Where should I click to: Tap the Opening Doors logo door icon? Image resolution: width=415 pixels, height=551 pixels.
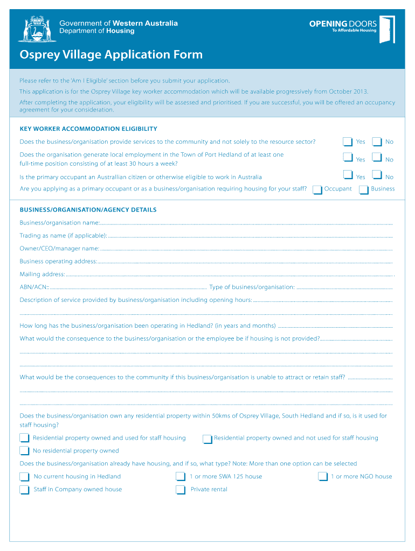tap(386, 29)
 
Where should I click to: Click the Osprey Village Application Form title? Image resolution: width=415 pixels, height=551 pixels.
tap(111, 54)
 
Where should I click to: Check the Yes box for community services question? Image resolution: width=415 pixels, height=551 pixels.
tap(348, 142)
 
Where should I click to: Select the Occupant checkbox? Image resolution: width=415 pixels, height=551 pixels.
tap(317, 189)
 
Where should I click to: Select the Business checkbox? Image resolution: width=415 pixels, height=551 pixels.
tap(364, 189)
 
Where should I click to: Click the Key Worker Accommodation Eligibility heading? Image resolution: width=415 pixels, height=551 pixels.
tap(88, 129)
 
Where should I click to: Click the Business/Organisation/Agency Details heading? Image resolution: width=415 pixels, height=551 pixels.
tap(88, 209)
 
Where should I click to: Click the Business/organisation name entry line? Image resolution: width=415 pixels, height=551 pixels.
tap(246, 223)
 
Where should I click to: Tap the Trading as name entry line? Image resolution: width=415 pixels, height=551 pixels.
tap(250, 236)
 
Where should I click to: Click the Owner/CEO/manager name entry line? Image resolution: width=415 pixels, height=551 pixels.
tap(246, 249)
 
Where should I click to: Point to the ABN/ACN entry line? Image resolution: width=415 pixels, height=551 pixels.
tap(128, 287)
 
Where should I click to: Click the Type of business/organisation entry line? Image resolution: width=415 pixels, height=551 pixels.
tap(344, 287)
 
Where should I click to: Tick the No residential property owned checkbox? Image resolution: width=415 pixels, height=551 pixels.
tap(24, 451)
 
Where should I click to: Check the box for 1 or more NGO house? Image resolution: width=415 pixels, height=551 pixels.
tap(323, 476)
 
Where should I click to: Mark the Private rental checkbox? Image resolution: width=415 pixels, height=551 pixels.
tap(181, 490)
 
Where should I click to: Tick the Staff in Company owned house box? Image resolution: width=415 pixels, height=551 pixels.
tap(24, 490)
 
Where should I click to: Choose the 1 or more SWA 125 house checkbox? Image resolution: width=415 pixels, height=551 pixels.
tap(181, 476)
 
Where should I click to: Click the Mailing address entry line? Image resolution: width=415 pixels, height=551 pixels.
tap(229, 274)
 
